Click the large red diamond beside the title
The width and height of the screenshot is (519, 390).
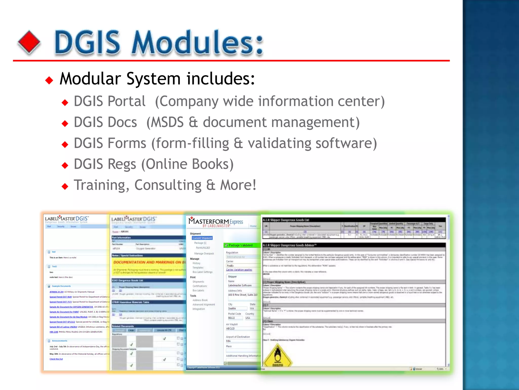click(x=29, y=42)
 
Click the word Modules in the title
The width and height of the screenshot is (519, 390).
click(x=197, y=42)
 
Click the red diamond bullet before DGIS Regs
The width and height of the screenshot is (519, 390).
click(x=65, y=166)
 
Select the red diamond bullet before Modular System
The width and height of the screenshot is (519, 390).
click(x=49, y=80)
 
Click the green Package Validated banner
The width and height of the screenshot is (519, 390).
click(x=242, y=245)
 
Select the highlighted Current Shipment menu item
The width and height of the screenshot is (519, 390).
click(x=202, y=238)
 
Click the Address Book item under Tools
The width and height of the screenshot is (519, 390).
click(x=200, y=300)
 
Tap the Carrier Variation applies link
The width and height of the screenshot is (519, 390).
click(x=239, y=270)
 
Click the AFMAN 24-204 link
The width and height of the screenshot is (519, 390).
click(x=57, y=292)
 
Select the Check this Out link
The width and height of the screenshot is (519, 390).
click(x=56, y=359)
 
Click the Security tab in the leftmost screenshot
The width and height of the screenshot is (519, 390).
click(x=61, y=226)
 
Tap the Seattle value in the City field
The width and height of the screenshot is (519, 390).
click(x=232, y=309)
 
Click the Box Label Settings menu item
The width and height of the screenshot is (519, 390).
click(x=202, y=272)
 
